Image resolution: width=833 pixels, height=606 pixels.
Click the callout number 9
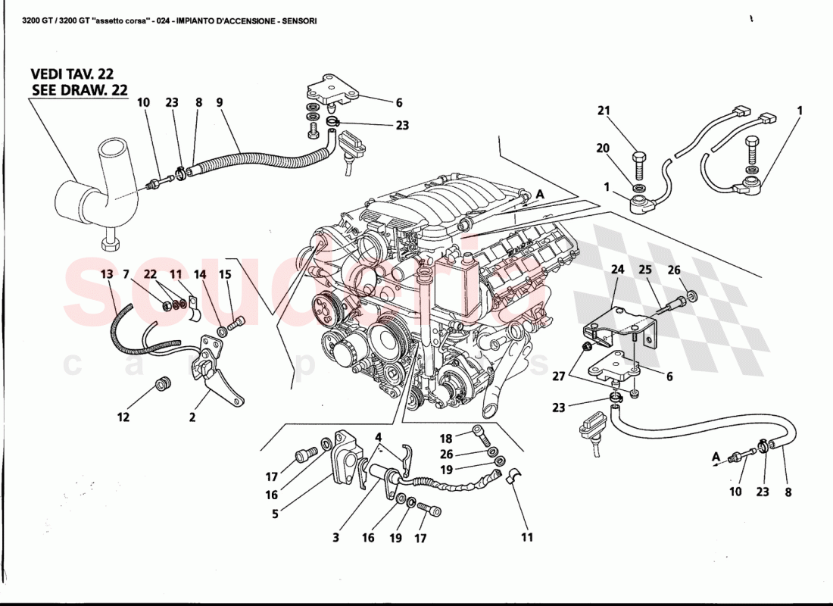coord(219,102)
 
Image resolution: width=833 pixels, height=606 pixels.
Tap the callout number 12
coord(123,417)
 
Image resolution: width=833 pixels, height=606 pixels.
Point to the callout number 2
coord(192,417)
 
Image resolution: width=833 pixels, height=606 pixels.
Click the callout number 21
coord(603,111)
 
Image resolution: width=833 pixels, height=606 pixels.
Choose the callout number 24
coord(617,268)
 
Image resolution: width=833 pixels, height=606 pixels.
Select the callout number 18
coord(446,439)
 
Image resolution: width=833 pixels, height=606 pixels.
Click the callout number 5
coord(276,514)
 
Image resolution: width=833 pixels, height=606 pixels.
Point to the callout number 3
coord(336,538)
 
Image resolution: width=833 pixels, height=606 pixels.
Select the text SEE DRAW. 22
coord(80,90)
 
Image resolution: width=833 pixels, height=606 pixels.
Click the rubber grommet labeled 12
coord(161,383)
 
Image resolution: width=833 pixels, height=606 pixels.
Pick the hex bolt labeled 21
coord(638,161)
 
